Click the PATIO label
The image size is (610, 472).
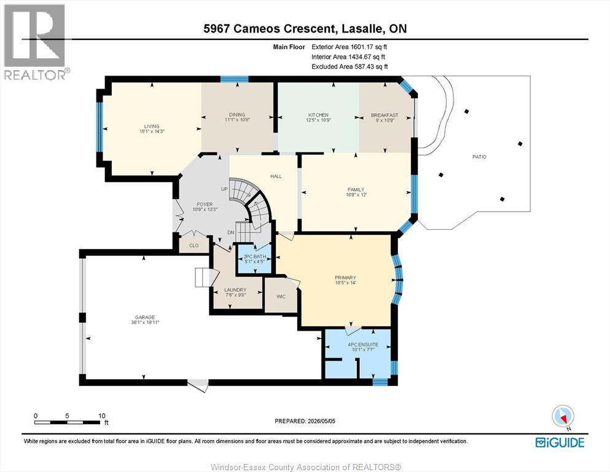479,157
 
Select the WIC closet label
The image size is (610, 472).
281,296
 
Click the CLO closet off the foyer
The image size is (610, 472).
194,246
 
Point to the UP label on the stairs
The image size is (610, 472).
224,189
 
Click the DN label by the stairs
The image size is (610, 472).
231,232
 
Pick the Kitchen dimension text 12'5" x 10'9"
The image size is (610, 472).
318,120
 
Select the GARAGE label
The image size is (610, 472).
145,317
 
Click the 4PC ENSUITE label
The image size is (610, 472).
363,344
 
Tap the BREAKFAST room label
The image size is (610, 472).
385,115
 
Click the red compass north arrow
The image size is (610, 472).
563,417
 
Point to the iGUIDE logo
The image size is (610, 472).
560,442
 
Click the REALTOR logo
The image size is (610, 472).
35,42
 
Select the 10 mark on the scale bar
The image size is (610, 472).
102,415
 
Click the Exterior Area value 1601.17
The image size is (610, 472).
362,47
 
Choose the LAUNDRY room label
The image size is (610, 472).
235,290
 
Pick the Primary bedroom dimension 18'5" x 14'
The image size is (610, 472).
345,283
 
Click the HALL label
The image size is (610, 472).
276,176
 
